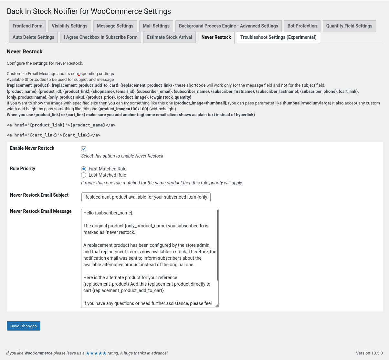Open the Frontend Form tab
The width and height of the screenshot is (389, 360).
click(27, 26)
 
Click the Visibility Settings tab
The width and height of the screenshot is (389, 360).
click(69, 26)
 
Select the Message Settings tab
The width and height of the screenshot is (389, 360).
click(115, 26)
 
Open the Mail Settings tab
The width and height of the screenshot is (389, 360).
click(156, 26)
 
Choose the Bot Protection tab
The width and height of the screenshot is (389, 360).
click(302, 26)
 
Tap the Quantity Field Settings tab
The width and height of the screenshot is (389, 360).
click(349, 26)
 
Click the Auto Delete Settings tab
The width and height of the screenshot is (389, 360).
click(33, 37)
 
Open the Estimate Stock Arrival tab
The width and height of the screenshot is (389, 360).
click(169, 37)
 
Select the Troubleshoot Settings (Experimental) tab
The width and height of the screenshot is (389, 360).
click(278, 37)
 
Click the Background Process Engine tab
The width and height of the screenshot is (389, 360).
click(228, 26)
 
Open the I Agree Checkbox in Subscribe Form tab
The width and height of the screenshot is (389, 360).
click(100, 37)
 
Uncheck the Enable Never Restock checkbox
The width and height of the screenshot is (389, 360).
click(84, 149)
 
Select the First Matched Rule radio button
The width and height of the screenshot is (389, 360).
click(84, 169)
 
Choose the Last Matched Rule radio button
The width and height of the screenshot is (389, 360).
click(84, 175)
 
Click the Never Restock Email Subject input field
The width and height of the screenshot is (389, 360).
click(146, 197)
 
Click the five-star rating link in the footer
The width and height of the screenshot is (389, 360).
click(96, 353)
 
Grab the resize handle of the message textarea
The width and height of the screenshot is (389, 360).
click(216, 305)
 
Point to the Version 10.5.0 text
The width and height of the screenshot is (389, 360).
click(369, 353)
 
